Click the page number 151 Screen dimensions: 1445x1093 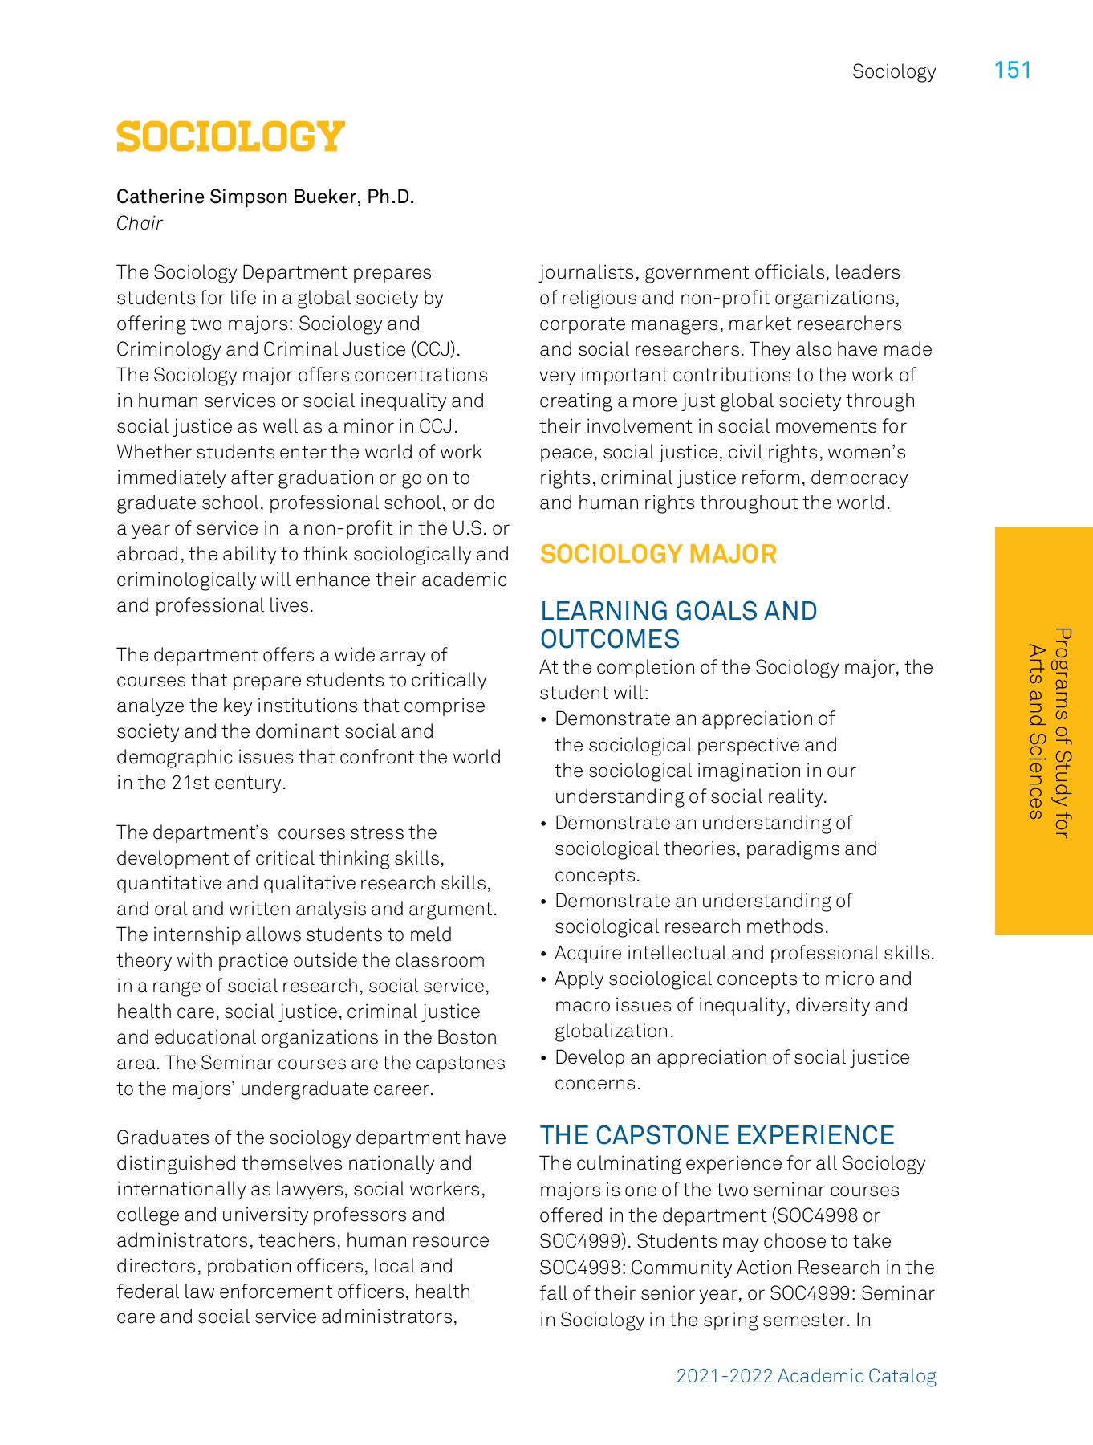click(x=1012, y=71)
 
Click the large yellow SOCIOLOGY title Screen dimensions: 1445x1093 click(x=230, y=137)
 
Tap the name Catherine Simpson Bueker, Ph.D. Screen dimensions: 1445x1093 click(x=265, y=197)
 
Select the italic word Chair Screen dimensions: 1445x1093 click(x=140, y=223)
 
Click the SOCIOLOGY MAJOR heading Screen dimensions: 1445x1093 click(x=658, y=554)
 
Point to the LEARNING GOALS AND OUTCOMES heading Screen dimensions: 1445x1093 click(x=678, y=625)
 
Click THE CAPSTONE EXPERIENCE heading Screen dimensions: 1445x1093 click(x=717, y=1135)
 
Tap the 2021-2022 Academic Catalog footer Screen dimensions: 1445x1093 click(x=806, y=1376)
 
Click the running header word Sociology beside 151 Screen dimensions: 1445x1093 click(x=893, y=71)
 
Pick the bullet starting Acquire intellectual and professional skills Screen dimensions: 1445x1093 click(x=744, y=953)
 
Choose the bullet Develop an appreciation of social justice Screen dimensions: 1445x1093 click(x=731, y=1057)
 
